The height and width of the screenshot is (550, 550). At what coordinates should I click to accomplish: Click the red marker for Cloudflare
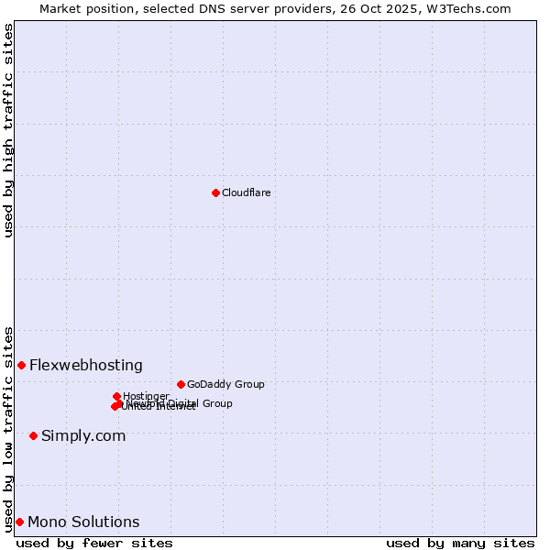tap(215, 192)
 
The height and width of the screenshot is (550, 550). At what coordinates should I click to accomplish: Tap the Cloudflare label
tap(246, 192)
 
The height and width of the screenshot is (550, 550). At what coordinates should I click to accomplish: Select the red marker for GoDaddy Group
tap(181, 384)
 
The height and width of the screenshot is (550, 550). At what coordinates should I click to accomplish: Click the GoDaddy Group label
tap(225, 384)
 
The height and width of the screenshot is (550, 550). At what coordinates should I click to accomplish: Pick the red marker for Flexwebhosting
tap(21, 365)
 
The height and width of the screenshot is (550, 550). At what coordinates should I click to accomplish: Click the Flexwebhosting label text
tap(86, 365)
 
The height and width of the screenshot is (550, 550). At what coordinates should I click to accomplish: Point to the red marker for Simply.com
tap(33, 435)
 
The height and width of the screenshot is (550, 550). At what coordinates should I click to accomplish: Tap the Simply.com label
tap(83, 435)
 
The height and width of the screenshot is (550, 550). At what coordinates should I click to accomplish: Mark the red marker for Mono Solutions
tap(19, 522)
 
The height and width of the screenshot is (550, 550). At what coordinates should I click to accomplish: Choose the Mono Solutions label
tap(83, 522)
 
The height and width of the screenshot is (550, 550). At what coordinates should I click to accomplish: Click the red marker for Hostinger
tap(116, 396)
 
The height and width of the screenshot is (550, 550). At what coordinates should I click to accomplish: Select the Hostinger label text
tap(146, 396)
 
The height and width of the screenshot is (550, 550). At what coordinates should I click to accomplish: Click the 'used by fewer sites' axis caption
tap(94, 543)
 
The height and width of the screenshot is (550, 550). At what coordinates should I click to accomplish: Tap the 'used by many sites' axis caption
tap(460, 543)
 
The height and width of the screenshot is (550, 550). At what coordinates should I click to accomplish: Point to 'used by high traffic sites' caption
tap(8, 130)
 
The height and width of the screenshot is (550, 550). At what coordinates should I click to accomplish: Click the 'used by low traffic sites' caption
tap(8, 428)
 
